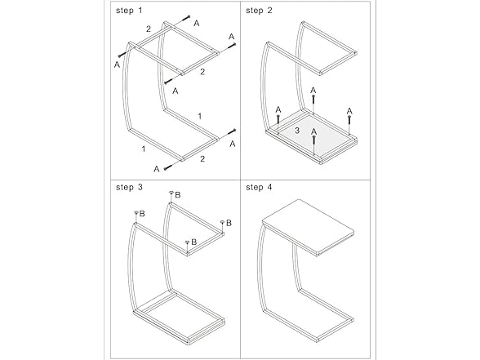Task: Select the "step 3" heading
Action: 129,188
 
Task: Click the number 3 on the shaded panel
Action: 298,131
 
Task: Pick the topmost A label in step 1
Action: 197,24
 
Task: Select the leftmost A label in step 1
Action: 118,63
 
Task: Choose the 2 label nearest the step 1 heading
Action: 148,29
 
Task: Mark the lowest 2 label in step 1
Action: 202,158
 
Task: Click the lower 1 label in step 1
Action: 144,149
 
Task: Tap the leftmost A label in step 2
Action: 278,110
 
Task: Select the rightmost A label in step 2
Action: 349,111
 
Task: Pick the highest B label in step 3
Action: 178,194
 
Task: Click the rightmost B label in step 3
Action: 229,222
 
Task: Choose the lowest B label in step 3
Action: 194,242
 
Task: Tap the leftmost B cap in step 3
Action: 136,213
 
